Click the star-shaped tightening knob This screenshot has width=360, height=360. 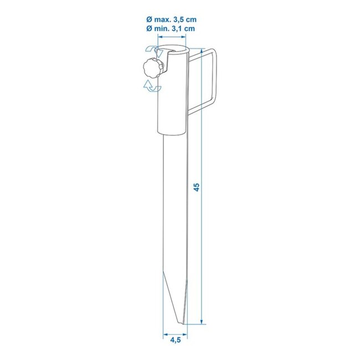point(149,70)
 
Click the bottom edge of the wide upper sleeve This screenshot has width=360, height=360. point(173,134)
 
